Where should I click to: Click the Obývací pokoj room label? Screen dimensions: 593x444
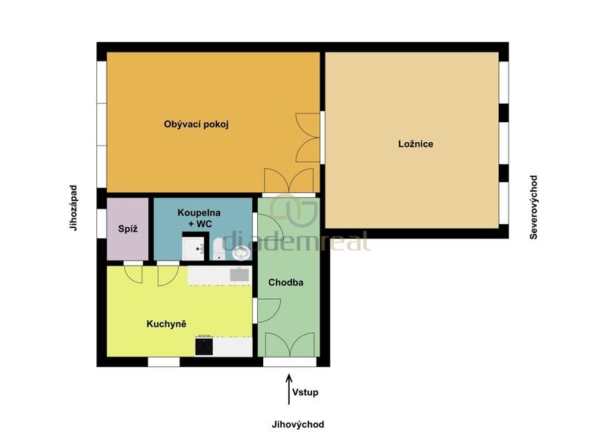click(x=196, y=124)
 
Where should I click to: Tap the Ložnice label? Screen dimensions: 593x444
click(x=416, y=144)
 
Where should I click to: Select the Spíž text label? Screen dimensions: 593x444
click(x=127, y=229)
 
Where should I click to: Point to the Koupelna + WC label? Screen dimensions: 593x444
click(x=199, y=218)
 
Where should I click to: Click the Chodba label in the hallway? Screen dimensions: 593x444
click(x=286, y=283)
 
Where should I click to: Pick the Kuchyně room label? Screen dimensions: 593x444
click(x=166, y=323)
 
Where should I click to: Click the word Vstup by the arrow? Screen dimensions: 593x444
click(x=305, y=392)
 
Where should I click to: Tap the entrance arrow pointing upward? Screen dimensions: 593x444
click(x=289, y=389)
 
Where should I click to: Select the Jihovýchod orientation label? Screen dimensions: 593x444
click(x=298, y=424)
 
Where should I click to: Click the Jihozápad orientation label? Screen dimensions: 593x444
click(x=73, y=208)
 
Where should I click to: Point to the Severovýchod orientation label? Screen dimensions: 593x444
click(x=534, y=207)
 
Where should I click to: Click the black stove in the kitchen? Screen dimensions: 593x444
click(x=205, y=346)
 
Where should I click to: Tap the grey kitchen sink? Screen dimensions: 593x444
click(x=239, y=275)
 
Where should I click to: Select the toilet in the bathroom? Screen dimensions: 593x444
click(x=219, y=249)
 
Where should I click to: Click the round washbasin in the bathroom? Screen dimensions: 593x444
click(x=240, y=253)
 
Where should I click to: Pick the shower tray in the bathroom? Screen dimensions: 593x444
click(x=193, y=249)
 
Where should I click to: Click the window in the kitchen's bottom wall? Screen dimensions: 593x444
click(x=164, y=362)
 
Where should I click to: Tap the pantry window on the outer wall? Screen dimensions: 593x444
click(x=102, y=223)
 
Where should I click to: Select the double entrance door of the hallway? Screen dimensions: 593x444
click(x=290, y=344)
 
